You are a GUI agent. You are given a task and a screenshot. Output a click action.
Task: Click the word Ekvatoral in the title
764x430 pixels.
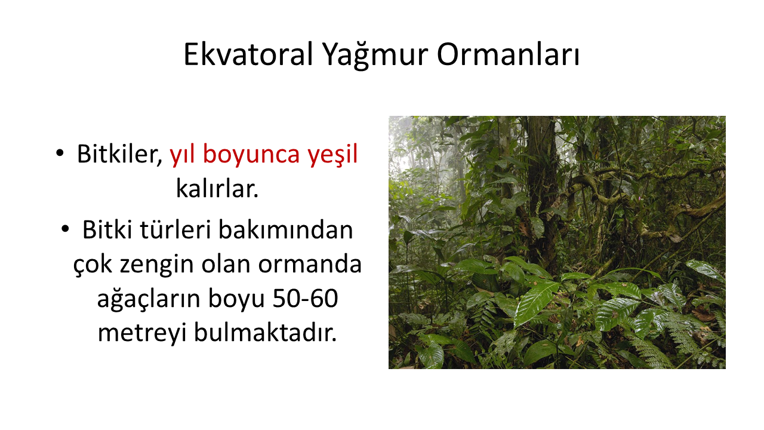pyautogui.click(x=248, y=54)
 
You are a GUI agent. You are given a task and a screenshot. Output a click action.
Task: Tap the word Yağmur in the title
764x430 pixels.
pyautogui.click(x=375, y=56)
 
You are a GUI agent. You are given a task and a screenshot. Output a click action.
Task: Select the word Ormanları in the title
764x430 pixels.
pyautogui.click(x=508, y=54)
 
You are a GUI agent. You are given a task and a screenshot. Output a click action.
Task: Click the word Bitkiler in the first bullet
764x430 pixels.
pyautogui.click(x=120, y=154)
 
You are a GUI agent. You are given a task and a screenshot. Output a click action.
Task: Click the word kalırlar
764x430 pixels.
pyautogui.click(x=217, y=188)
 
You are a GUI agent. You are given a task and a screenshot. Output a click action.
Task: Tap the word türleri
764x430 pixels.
pyautogui.click(x=175, y=230)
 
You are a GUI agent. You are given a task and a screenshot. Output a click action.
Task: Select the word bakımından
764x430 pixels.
pyautogui.click(x=285, y=230)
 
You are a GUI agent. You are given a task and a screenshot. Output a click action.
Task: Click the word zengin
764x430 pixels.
pyautogui.click(x=156, y=266)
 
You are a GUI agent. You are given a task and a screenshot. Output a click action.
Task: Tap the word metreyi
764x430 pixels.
pyautogui.click(x=142, y=333)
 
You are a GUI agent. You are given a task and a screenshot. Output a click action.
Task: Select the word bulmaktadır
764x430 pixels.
pyautogui.click(x=265, y=331)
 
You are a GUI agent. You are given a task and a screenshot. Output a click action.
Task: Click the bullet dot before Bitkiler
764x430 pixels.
pyautogui.click(x=60, y=153)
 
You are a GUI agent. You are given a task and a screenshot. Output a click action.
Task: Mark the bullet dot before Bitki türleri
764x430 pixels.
pyautogui.click(x=65, y=229)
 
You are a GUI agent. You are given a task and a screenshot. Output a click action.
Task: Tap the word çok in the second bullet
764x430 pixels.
pyautogui.click(x=93, y=265)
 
